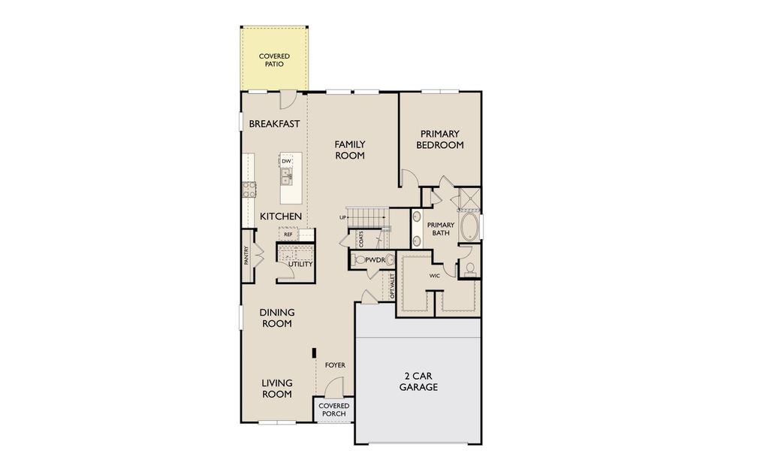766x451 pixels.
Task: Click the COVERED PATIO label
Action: pyautogui.click(x=274, y=60)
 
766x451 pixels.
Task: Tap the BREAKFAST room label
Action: pyautogui.click(x=274, y=124)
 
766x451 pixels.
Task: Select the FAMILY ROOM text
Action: pyautogui.click(x=350, y=150)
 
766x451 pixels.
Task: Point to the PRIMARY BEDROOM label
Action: pyautogui.click(x=440, y=139)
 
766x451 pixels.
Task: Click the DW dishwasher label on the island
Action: pyautogui.click(x=286, y=162)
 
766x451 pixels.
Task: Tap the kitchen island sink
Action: pyautogui.click(x=286, y=177)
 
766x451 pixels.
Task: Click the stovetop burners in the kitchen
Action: pyautogui.click(x=248, y=189)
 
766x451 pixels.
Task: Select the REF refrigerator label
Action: pyautogui.click(x=288, y=235)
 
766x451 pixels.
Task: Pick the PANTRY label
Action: pyautogui.click(x=246, y=256)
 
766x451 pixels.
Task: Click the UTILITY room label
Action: pyautogui.click(x=300, y=265)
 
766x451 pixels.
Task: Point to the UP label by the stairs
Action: pyautogui.click(x=342, y=217)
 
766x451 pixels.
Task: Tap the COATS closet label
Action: pyautogui.click(x=361, y=239)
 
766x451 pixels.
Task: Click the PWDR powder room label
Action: pyautogui.click(x=375, y=259)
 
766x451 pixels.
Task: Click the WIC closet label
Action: pyautogui.click(x=434, y=276)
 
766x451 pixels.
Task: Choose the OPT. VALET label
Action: pyautogui.click(x=392, y=286)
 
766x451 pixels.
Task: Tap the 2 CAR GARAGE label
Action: pyautogui.click(x=418, y=381)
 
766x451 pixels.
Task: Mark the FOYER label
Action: pyautogui.click(x=335, y=365)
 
